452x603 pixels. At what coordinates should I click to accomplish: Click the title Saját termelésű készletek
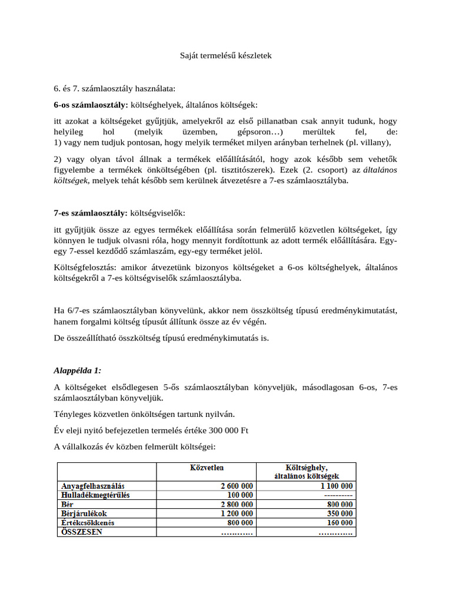[225, 56]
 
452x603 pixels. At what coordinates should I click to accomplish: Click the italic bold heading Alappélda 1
[77, 370]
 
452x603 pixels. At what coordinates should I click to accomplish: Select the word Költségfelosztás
[84, 267]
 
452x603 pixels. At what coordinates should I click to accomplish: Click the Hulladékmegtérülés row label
[95, 495]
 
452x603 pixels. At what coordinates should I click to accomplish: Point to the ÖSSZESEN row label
[82, 532]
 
